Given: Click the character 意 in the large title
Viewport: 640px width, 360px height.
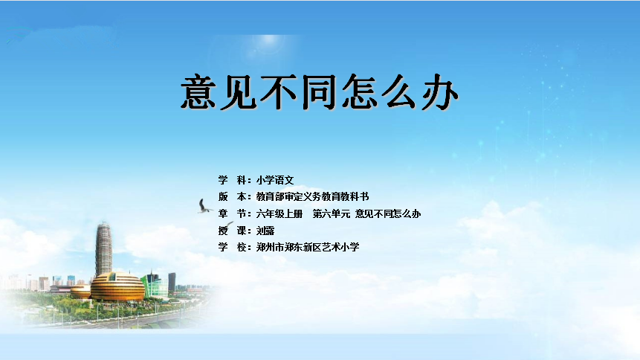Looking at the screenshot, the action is pyautogui.click(x=198, y=92).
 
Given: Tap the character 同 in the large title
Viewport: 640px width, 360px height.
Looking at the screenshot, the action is pyautogui.click(x=319, y=92).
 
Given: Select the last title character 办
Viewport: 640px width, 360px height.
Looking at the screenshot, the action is pyautogui.click(x=440, y=92).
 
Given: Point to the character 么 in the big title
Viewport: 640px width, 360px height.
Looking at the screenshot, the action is pyautogui.click(x=400, y=92).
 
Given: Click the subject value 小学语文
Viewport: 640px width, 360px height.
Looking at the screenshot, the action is pyautogui.click(x=275, y=180).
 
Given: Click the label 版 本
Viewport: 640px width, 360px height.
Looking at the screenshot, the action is pyautogui.click(x=232, y=196).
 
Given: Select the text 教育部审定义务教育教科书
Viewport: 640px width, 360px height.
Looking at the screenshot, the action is pyautogui.click(x=313, y=196).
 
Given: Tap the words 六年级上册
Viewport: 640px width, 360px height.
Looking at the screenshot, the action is pyautogui.click(x=279, y=213).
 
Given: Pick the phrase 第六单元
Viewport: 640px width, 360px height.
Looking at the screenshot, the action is pyautogui.click(x=332, y=213).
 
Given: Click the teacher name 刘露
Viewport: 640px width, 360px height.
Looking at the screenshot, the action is pyautogui.click(x=265, y=231).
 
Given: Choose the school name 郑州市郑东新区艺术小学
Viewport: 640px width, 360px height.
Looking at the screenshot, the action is pyautogui.click(x=308, y=247).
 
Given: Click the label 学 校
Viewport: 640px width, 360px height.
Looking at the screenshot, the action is pyautogui.click(x=232, y=247).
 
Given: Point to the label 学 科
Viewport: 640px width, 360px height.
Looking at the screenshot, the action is pyautogui.click(x=232, y=180).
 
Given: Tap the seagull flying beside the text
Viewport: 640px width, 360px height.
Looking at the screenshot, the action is pyautogui.click(x=204, y=206).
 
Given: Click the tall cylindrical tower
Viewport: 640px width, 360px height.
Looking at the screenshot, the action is pyautogui.click(x=103, y=249).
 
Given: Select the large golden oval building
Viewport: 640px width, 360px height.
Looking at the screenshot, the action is pyautogui.click(x=117, y=287).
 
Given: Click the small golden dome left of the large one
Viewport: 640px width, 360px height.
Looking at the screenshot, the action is pyautogui.click(x=80, y=292).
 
